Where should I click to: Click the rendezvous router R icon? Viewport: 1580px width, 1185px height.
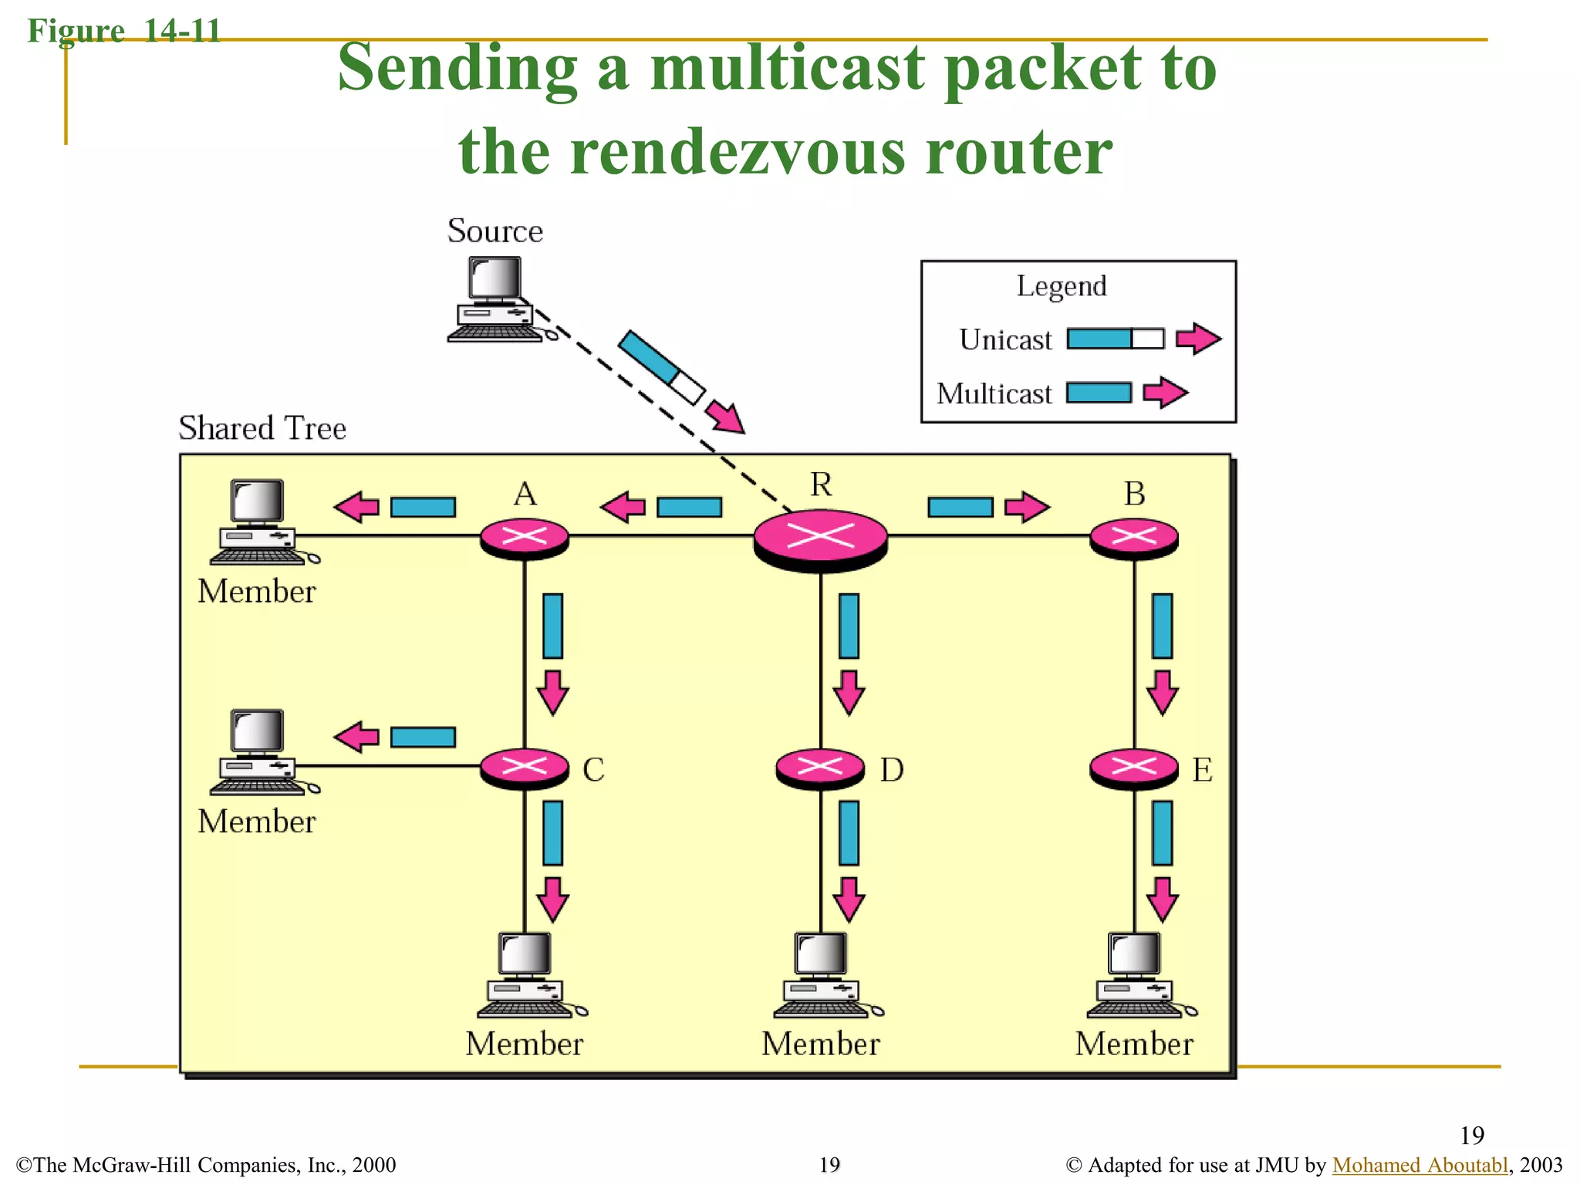820,538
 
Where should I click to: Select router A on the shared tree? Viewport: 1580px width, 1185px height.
525,538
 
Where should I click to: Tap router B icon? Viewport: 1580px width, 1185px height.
1133,538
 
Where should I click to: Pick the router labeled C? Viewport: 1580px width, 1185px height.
525,768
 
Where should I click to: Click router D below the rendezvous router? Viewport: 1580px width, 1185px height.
820,768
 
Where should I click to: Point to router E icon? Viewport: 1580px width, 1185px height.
1133,768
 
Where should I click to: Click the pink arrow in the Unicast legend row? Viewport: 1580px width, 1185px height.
1197,339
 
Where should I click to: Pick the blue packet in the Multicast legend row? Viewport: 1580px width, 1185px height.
1099,393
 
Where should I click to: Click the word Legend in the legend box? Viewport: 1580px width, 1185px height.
1061,286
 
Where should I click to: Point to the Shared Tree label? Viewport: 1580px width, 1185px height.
262,428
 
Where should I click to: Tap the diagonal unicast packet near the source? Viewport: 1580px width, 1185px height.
661,367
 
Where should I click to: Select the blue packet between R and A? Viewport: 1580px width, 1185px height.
689,507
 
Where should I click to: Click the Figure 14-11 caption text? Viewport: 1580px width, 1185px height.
123,31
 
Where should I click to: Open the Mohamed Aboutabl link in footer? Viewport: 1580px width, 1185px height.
1420,1164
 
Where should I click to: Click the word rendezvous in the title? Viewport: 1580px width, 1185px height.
738,152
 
